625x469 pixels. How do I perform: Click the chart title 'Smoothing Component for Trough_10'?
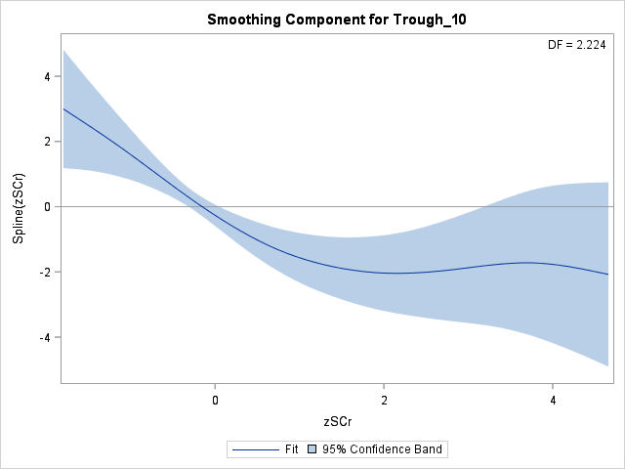pyautogui.click(x=335, y=20)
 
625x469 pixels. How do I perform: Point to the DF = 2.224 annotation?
pyautogui.click(x=577, y=44)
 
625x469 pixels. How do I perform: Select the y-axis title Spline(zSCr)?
pyautogui.click(x=19, y=207)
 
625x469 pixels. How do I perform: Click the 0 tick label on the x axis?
pyautogui.click(x=215, y=400)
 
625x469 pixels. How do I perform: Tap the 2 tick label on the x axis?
pyautogui.click(x=384, y=400)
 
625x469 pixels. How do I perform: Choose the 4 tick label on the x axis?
pyautogui.click(x=553, y=400)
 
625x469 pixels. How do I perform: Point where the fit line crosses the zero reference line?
pyautogui.click(x=200, y=207)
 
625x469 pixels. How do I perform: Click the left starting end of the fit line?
pyautogui.click(x=63, y=108)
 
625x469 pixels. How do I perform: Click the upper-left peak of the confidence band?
pyautogui.click(x=63, y=50)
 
